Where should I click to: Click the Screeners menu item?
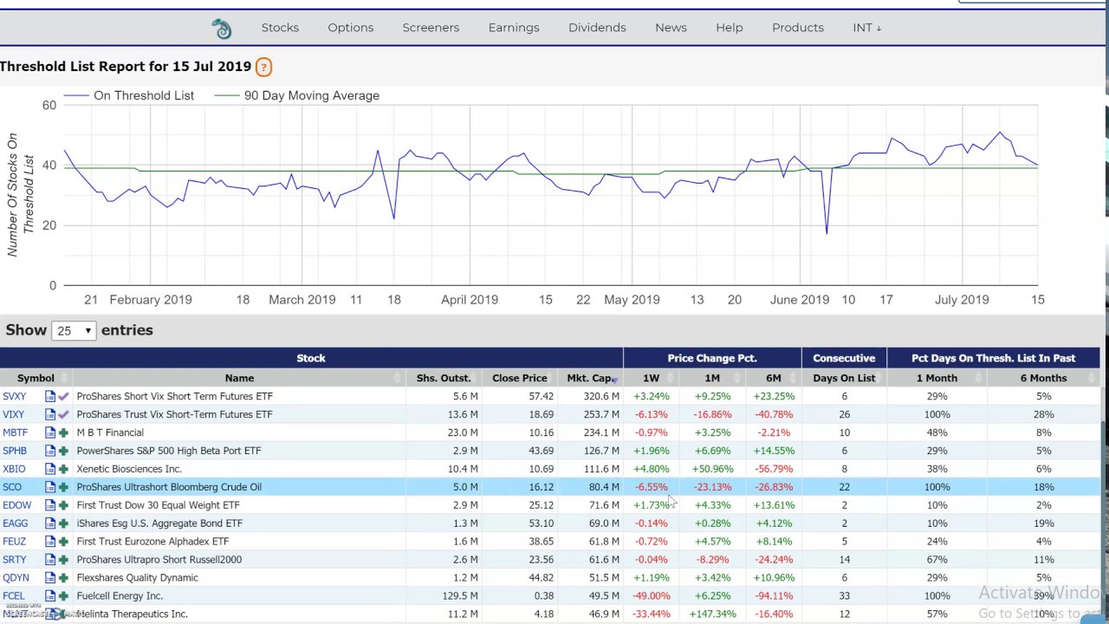coord(431,28)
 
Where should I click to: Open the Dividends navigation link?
coord(597,28)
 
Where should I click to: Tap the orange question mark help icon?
coord(263,67)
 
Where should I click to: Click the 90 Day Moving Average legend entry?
coord(311,95)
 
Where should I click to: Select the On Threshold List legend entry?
coord(143,95)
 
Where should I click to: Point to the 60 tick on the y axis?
coord(49,106)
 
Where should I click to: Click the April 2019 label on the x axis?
coord(470,300)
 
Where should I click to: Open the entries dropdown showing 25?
coord(74,331)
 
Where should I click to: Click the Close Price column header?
coord(519,378)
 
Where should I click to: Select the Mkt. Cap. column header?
coord(589,378)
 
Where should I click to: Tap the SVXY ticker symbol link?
coord(15,396)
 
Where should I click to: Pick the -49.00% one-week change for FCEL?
coord(652,596)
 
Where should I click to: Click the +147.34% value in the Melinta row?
coord(712,614)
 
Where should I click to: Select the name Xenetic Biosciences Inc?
coord(129,469)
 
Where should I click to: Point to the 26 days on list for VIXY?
coord(844,414)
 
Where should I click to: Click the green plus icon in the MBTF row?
coord(63,432)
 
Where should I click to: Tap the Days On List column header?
coord(844,378)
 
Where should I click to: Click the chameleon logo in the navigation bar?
coord(222,29)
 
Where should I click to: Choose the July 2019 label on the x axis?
coord(962,300)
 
